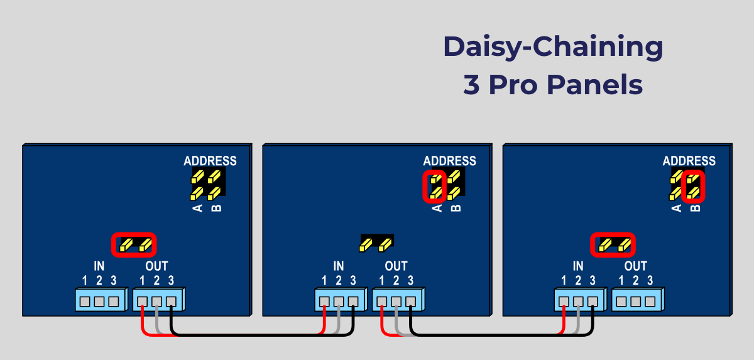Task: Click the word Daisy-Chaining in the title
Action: click(x=553, y=48)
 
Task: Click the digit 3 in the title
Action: click(x=471, y=85)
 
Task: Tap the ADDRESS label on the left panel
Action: click(x=210, y=161)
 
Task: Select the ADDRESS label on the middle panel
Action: click(x=449, y=161)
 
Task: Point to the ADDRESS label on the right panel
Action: click(x=689, y=161)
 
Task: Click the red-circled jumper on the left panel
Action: click(x=134, y=244)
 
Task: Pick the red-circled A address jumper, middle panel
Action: click(x=434, y=187)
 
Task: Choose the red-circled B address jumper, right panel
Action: click(x=693, y=187)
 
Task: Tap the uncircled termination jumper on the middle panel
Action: click(x=376, y=243)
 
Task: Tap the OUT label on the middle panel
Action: click(x=396, y=266)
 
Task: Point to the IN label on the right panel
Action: click(x=578, y=266)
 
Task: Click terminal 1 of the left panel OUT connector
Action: click(x=143, y=301)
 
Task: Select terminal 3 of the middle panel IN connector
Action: click(x=353, y=301)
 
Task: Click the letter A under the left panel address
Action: click(x=197, y=208)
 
